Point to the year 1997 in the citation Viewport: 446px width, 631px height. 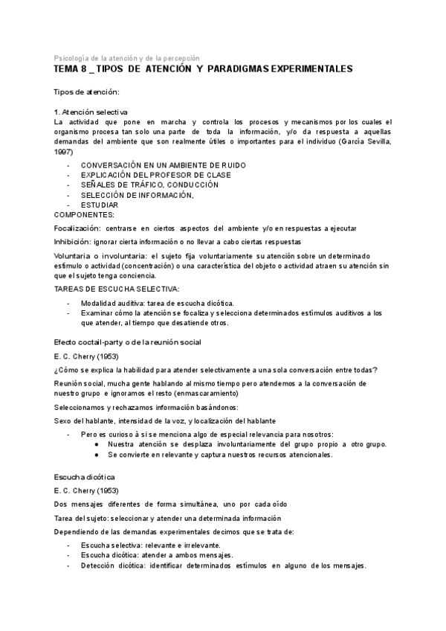pos(65,151)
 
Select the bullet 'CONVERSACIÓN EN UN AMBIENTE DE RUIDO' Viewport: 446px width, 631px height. pos(163,164)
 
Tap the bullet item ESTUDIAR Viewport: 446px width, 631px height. pos(99,205)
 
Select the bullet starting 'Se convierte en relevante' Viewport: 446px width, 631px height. pos(220,454)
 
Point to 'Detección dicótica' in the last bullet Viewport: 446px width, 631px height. pos(112,566)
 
